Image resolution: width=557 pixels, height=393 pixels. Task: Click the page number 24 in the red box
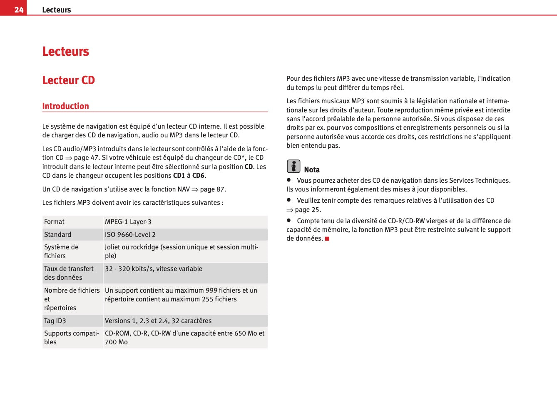tap(19, 10)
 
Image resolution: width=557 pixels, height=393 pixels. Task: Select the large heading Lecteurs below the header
tap(66, 52)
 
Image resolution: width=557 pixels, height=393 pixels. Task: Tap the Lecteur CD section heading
tap(69, 80)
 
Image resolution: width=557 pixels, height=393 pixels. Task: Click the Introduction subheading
tap(66, 106)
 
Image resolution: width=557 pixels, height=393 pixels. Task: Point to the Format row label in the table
tap(55, 222)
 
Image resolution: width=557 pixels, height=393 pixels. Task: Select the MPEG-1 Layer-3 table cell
tap(128, 222)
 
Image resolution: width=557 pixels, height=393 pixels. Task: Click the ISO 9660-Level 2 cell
tap(130, 235)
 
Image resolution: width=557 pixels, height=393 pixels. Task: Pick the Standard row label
tap(58, 235)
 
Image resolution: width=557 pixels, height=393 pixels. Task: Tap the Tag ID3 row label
tap(55, 321)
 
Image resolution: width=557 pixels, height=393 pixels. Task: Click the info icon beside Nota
tap(293, 167)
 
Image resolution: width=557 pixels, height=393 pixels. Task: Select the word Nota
tap(312, 170)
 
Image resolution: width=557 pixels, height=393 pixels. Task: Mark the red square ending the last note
tap(327, 239)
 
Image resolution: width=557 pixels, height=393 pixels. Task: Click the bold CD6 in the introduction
tap(198, 176)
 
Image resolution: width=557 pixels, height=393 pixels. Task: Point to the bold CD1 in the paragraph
tap(179, 176)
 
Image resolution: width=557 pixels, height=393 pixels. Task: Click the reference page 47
tap(86, 158)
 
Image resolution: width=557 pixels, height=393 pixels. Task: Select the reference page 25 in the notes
tap(308, 210)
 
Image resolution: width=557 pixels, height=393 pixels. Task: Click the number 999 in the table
tap(211, 291)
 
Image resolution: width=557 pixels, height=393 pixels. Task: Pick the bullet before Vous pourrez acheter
tap(288, 180)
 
